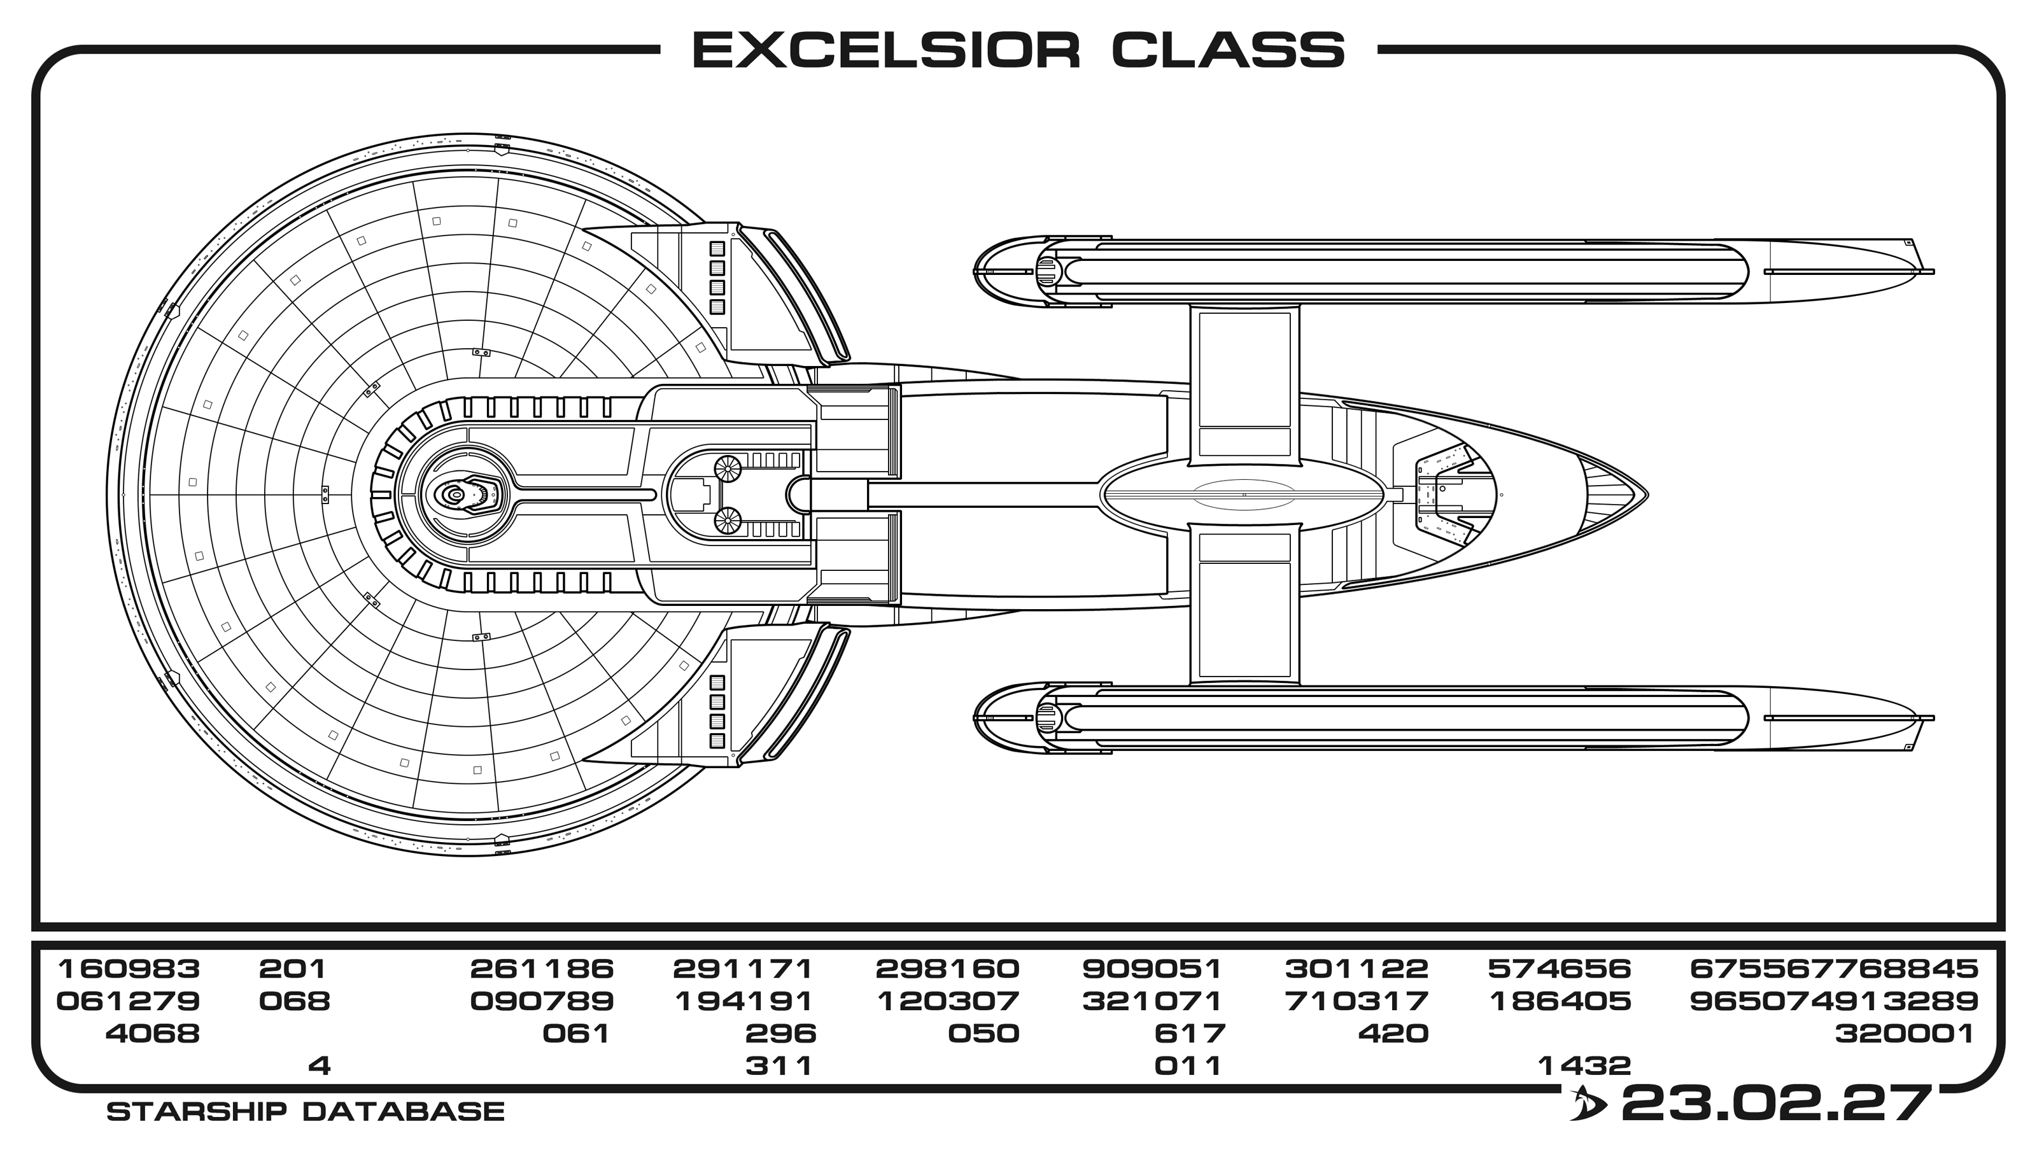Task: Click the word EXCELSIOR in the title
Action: click(x=886, y=51)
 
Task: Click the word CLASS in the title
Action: click(x=1228, y=51)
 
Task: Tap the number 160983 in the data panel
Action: click(x=129, y=969)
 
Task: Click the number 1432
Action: click(x=1584, y=1065)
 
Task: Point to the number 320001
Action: click(x=1905, y=1034)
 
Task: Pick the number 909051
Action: click(x=1152, y=969)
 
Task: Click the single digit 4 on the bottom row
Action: click(x=319, y=1065)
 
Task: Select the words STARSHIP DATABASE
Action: click(x=306, y=1112)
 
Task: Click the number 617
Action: click(x=1190, y=1034)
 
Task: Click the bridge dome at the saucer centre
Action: click(x=456, y=495)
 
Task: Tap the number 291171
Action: click(x=743, y=969)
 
